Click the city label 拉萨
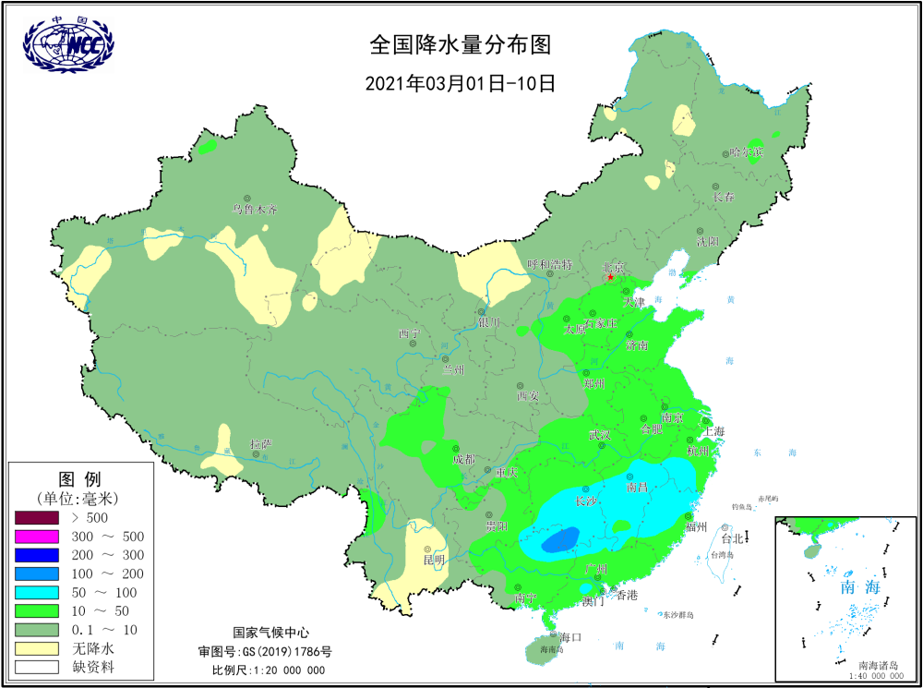[261, 444]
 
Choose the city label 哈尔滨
[746, 151]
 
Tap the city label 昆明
[434, 560]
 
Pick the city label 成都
[464, 459]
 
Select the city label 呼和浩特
[549, 264]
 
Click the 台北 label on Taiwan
[732, 537]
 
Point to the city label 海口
[570, 637]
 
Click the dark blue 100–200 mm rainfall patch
[560, 539]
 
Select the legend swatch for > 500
[37, 517]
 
